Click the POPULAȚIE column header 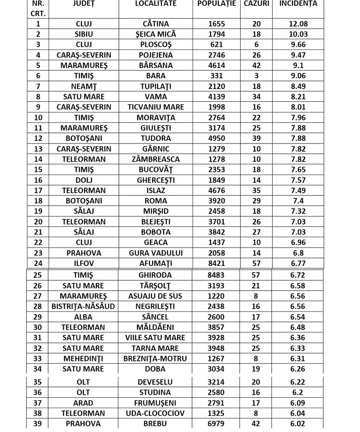pos(216,4)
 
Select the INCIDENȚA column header pos(298,4)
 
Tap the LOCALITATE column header pos(156,4)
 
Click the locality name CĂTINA pos(156,24)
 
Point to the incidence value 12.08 pos(298,24)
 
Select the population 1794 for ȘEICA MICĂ pos(216,34)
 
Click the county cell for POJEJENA pos(84,55)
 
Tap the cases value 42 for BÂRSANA pos(256,65)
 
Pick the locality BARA pos(156,76)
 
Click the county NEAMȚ pos(84,86)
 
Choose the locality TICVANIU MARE pos(156,107)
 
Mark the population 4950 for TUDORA pos(216,138)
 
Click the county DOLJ pos(84,180)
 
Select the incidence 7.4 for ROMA pos(298,201)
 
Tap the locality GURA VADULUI pos(156,253)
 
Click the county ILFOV pos(84,263)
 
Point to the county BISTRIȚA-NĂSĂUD pos(84,306)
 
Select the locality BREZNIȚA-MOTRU pos(156,359)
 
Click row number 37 pos(38,403)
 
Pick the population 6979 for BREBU pos(216,423)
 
